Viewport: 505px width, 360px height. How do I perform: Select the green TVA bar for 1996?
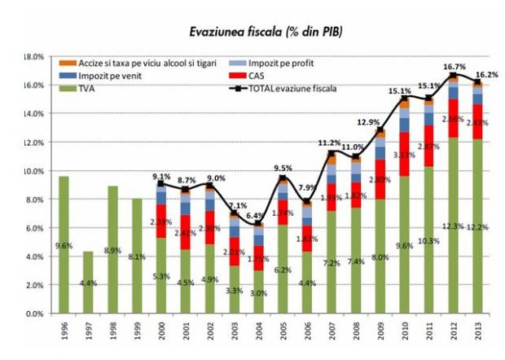(x=64, y=244)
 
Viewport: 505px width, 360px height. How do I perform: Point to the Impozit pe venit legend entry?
(x=106, y=75)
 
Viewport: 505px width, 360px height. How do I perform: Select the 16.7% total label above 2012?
(x=451, y=67)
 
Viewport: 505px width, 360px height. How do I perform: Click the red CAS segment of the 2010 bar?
(x=404, y=154)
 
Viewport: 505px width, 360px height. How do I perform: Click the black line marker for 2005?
(x=283, y=178)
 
